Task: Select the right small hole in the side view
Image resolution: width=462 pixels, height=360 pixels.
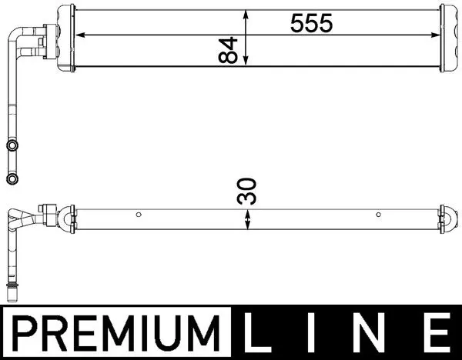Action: coord(377,214)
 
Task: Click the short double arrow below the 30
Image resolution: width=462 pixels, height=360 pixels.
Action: coord(247,220)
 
